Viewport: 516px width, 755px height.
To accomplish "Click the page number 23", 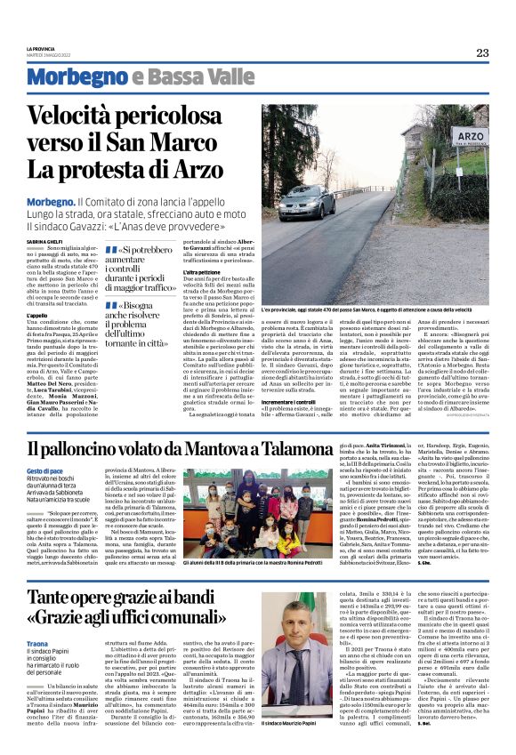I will [x=481, y=52].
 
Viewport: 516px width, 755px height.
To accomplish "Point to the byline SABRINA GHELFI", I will [x=43, y=216].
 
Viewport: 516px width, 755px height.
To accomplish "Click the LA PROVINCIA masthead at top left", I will [x=42, y=48].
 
